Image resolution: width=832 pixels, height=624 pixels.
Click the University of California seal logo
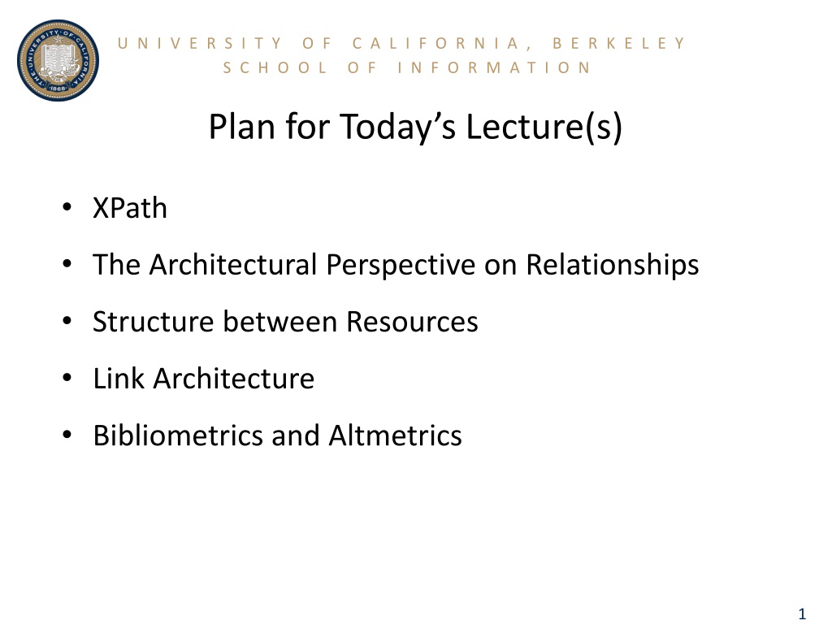point(58,60)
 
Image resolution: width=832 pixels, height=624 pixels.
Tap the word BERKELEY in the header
point(619,43)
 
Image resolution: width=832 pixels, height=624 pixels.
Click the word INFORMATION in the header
point(494,68)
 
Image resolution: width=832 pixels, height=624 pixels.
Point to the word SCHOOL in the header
point(275,68)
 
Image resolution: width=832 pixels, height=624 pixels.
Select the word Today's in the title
point(397,128)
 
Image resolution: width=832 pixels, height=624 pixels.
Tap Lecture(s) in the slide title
point(544,127)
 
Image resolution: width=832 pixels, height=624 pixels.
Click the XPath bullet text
point(130,207)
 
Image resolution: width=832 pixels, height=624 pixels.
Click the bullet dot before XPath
point(67,207)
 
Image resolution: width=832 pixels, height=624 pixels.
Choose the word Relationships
point(613,266)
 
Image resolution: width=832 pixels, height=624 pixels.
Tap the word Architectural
point(233,264)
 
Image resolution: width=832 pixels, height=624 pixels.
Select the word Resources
point(412,322)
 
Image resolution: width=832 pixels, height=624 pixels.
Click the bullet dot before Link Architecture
point(67,378)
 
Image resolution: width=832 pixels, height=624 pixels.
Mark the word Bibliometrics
point(178,435)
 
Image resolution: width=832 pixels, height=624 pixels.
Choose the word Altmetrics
point(396,435)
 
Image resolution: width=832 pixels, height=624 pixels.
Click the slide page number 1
point(802,613)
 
